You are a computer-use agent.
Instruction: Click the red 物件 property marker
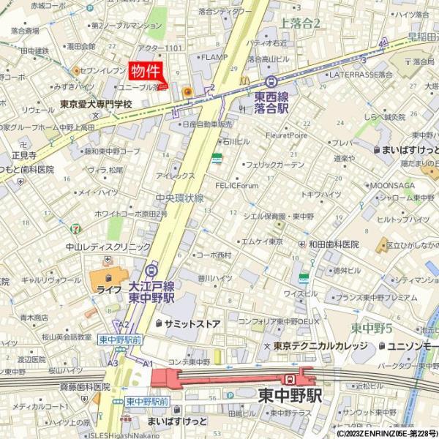pos(146,71)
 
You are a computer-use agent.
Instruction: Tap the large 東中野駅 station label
pos(290,395)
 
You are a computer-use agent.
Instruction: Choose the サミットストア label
pos(192,323)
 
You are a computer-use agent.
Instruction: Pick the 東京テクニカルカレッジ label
pos(321,345)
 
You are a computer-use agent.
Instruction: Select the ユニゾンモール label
pos(413,345)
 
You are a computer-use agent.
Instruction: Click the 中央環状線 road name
pos(179,198)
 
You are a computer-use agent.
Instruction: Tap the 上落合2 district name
pos(300,23)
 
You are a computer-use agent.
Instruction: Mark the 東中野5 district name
pos(372,327)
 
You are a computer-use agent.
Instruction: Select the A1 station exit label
pos(147,364)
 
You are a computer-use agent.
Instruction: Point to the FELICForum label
pos(237,186)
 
